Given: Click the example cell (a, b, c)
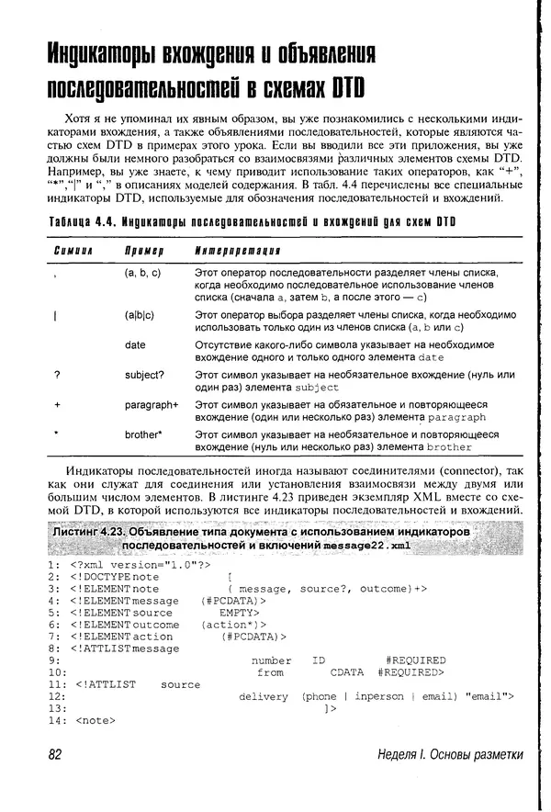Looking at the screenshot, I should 142,274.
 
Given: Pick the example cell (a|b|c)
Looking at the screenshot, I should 141,315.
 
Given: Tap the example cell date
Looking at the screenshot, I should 135,344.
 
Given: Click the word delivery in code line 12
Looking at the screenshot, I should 264,696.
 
